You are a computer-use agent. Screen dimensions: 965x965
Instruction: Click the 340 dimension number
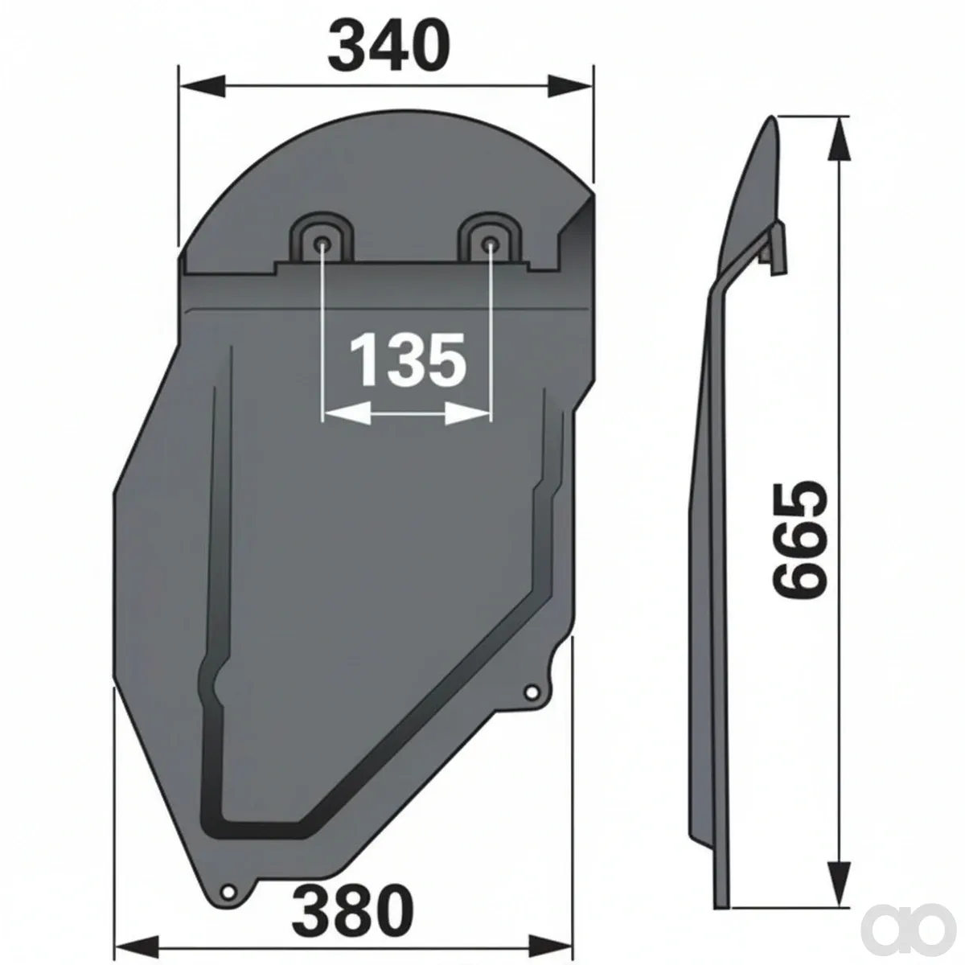pos(388,47)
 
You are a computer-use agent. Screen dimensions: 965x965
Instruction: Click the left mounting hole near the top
pos(322,244)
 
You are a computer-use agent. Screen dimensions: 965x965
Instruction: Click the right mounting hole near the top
pos(491,244)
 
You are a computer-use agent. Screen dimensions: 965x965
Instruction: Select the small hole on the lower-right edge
pos(531,692)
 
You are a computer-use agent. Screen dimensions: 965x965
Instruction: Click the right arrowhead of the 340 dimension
pos(569,85)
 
